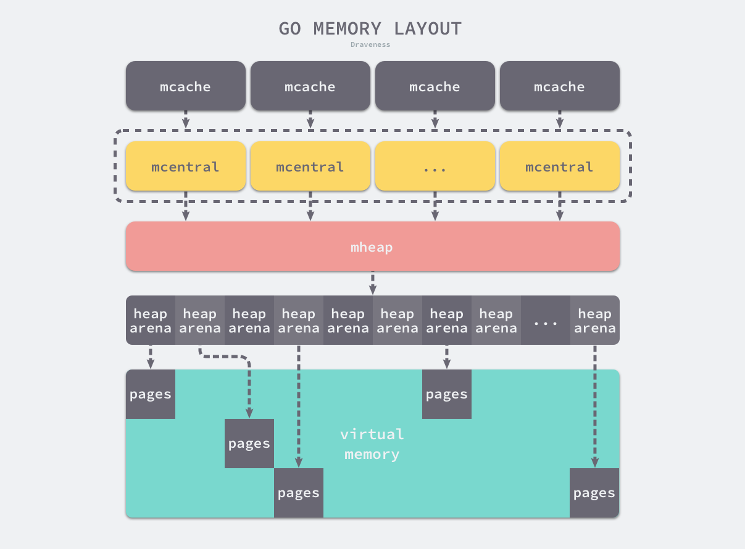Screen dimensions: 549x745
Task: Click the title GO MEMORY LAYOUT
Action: pyautogui.click(x=370, y=28)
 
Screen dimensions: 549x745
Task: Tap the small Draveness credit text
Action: pyautogui.click(x=370, y=44)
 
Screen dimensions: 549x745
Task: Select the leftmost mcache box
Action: pyautogui.click(x=185, y=86)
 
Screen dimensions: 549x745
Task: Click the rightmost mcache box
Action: pyautogui.click(x=559, y=86)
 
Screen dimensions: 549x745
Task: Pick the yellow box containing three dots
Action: pyautogui.click(x=435, y=167)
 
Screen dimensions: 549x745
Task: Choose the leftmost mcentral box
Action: pyautogui.click(x=185, y=167)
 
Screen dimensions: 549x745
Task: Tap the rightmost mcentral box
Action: pyautogui.click(x=559, y=167)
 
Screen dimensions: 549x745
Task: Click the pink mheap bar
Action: pyautogui.click(x=372, y=247)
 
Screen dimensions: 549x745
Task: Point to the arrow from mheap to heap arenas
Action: pyautogui.click(x=373, y=283)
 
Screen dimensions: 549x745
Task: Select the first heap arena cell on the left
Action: pyautogui.click(x=151, y=320)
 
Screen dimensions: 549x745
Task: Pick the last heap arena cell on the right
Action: pyautogui.click(x=594, y=320)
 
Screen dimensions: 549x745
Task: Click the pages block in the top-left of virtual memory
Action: pyautogui.click(x=151, y=394)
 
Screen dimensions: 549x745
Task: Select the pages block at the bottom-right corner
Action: pyautogui.click(x=594, y=493)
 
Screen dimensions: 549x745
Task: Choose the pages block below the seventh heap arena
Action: pyautogui.click(x=447, y=394)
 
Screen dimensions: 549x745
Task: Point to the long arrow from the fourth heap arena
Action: pyautogui.click(x=299, y=407)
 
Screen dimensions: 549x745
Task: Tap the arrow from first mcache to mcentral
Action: pyautogui.click(x=186, y=120)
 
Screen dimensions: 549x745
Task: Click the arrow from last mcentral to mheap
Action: pyautogui.click(x=560, y=206)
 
